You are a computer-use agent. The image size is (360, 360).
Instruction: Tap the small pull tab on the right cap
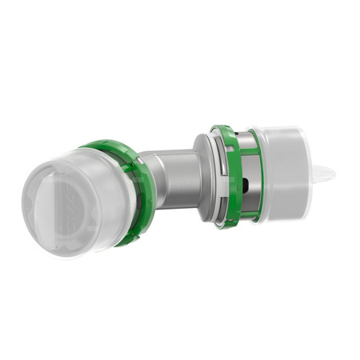326,173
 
